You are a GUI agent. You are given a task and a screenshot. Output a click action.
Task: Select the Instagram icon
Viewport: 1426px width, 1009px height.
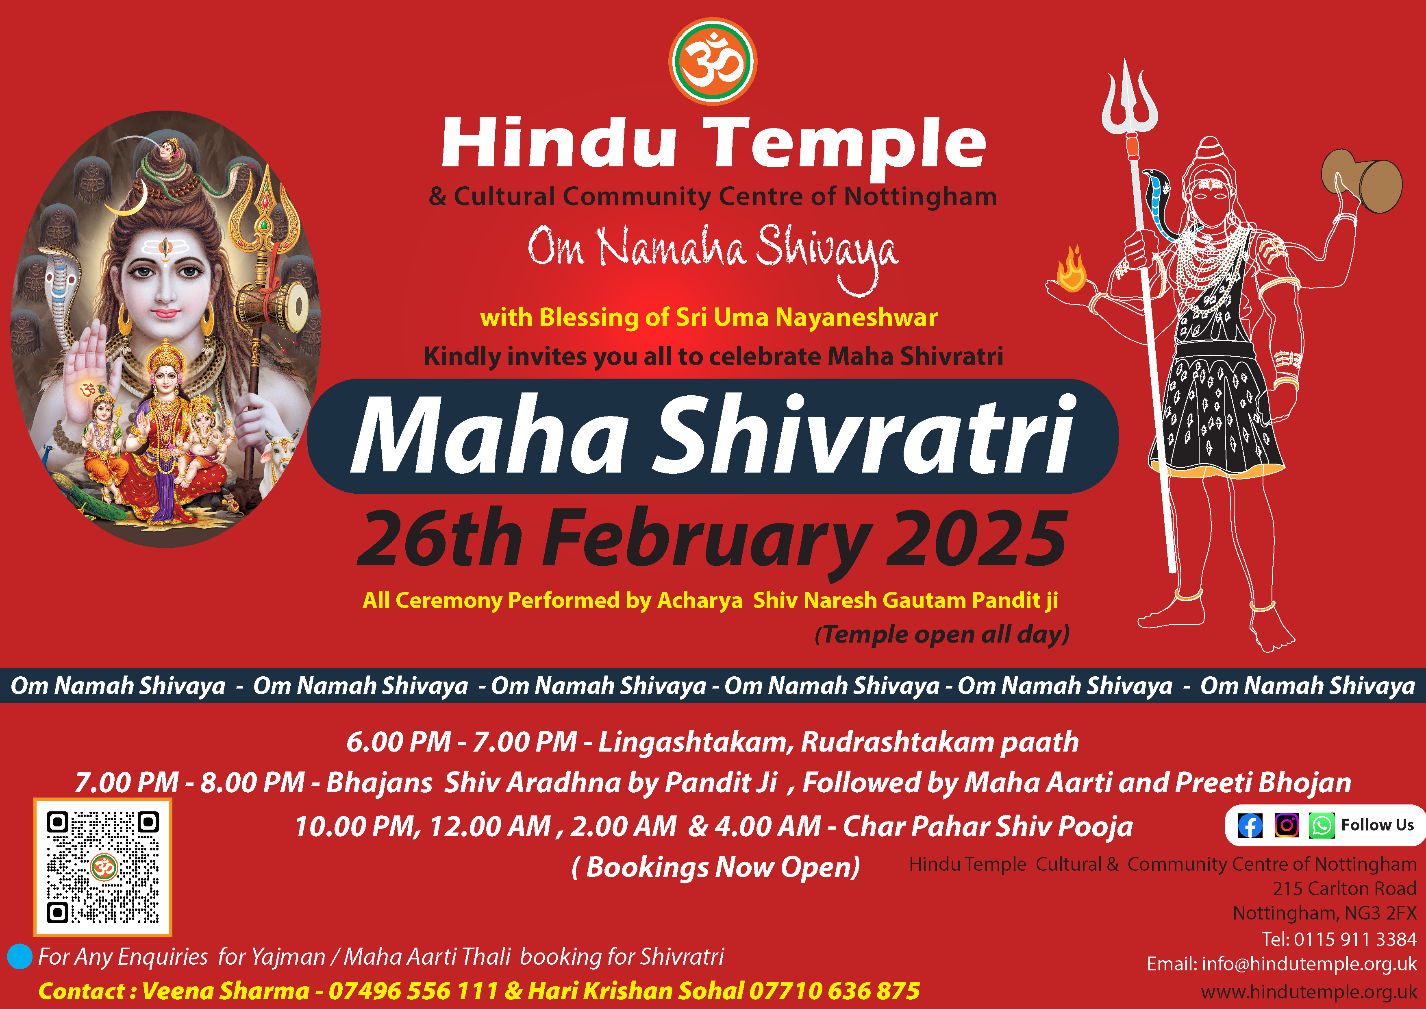click(1286, 825)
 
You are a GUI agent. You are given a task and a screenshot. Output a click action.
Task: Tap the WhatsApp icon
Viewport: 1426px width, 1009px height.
click(1322, 826)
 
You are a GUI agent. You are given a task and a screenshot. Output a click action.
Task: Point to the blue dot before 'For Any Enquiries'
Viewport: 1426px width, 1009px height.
click(19, 956)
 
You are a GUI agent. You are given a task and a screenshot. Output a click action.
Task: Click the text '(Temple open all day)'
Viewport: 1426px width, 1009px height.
click(941, 634)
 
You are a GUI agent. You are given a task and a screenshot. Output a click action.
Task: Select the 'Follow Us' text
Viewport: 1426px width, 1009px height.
click(1377, 825)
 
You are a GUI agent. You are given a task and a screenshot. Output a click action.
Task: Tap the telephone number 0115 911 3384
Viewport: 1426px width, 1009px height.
click(1355, 939)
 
